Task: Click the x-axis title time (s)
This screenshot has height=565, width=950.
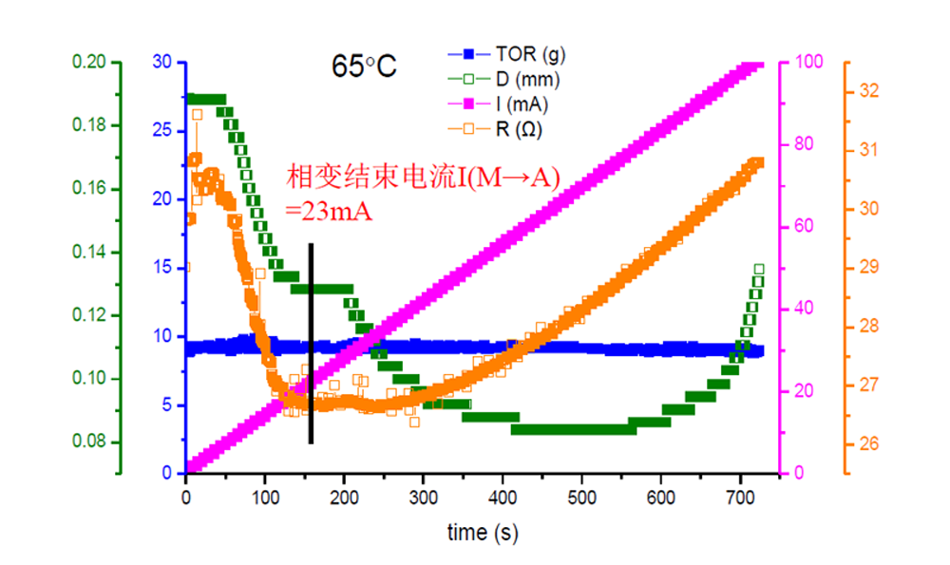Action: [483, 533]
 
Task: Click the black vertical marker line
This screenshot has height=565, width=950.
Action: [311, 342]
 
